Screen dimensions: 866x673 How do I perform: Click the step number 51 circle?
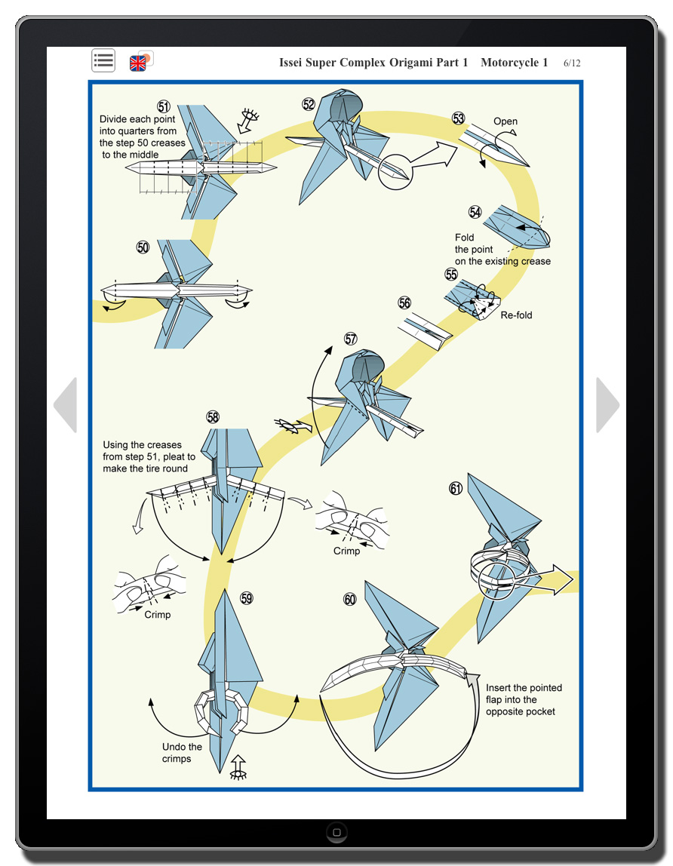[x=164, y=106]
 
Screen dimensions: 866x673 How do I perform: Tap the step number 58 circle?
[x=213, y=417]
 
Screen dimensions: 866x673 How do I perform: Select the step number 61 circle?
[x=456, y=489]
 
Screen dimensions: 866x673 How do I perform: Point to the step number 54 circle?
[x=475, y=212]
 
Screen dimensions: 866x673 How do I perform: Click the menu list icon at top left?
[x=103, y=60]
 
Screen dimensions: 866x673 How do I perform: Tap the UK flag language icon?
[x=139, y=62]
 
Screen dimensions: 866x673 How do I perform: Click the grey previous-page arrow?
[x=66, y=405]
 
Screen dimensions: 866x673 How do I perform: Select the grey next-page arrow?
[x=607, y=405]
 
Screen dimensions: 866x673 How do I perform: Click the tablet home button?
[x=336, y=833]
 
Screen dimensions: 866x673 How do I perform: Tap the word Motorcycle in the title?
[x=515, y=63]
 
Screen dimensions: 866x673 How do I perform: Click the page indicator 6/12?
[x=572, y=63]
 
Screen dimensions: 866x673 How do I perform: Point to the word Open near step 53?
[x=506, y=121]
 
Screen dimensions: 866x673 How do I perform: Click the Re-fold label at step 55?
[x=516, y=315]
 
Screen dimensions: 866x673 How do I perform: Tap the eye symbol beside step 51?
[x=248, y=120]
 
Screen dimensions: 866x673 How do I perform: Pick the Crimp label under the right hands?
[x=347, y=551]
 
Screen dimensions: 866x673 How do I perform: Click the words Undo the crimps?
[x=182, y=753]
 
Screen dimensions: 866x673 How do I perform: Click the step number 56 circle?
[x=405, y=303]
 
